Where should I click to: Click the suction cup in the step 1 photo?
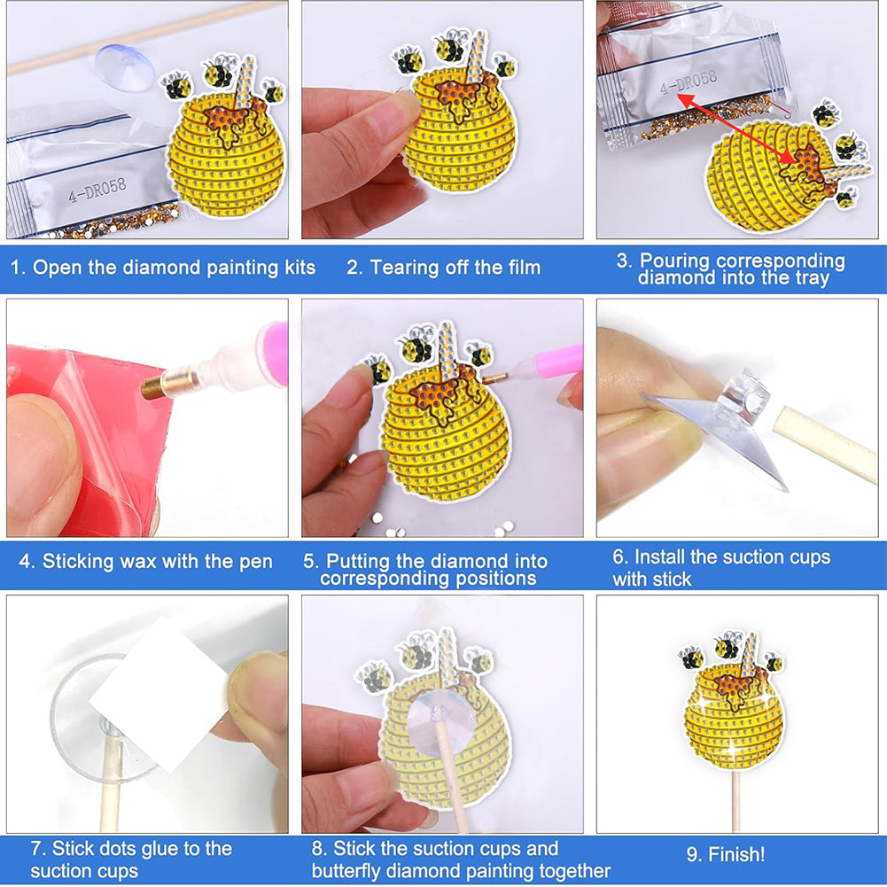point(125,65)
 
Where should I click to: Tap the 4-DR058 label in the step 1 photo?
point(97,190)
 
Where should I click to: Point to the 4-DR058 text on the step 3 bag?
point(689,82)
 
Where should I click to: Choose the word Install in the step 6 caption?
point(659,557)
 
